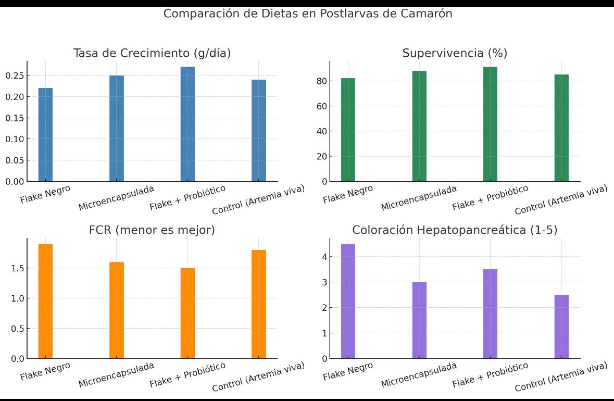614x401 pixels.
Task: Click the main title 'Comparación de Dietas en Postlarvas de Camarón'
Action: (307, 14)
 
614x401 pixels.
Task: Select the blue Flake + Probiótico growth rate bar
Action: (187, 124)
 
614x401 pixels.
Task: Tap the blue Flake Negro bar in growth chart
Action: (45, 134)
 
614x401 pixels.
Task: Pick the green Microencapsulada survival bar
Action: (419, 126)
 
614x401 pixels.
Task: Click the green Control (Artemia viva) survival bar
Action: (561, 128)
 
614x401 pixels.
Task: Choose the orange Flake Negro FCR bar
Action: (45, 301)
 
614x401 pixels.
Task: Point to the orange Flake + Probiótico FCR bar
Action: (187, 313)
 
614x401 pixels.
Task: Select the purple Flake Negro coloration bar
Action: (348, 301)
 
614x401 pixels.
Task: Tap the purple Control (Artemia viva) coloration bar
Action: (561, 327)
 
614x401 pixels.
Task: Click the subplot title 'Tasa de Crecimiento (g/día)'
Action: (152, 53)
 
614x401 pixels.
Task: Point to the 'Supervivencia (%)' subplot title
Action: (455, 53)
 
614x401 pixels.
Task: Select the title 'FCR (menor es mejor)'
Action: (152, 230)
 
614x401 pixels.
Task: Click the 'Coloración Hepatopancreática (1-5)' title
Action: (455, 230)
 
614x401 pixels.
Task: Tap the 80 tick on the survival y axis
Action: (321, 81)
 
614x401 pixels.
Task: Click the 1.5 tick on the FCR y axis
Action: (18, 268)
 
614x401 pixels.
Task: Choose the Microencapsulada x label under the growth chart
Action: (116, 198)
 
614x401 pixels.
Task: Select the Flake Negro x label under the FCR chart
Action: (45, 371)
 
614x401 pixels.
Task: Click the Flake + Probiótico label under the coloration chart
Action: (490, 374)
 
